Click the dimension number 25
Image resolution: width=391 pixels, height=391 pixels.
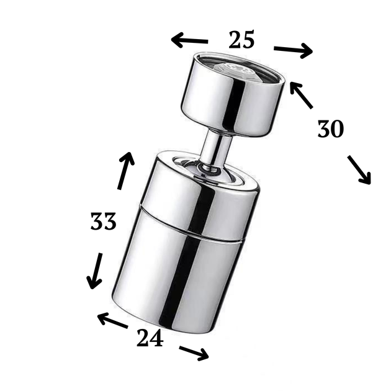point(241,40)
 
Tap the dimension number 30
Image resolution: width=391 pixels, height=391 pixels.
point(331,128)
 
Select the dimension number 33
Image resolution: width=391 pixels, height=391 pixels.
point(103,221)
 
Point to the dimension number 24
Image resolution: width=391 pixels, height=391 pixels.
point(150,338)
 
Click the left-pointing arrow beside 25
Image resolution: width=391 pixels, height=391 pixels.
point(189,40)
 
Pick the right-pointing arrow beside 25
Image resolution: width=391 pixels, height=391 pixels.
point(293,50)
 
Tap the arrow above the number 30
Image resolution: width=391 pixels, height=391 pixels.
point(301,96)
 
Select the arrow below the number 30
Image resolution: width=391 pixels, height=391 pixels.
point(359,170)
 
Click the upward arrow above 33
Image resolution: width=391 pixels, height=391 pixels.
point(126,171)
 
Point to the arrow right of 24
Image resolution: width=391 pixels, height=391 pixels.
point(194,353)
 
